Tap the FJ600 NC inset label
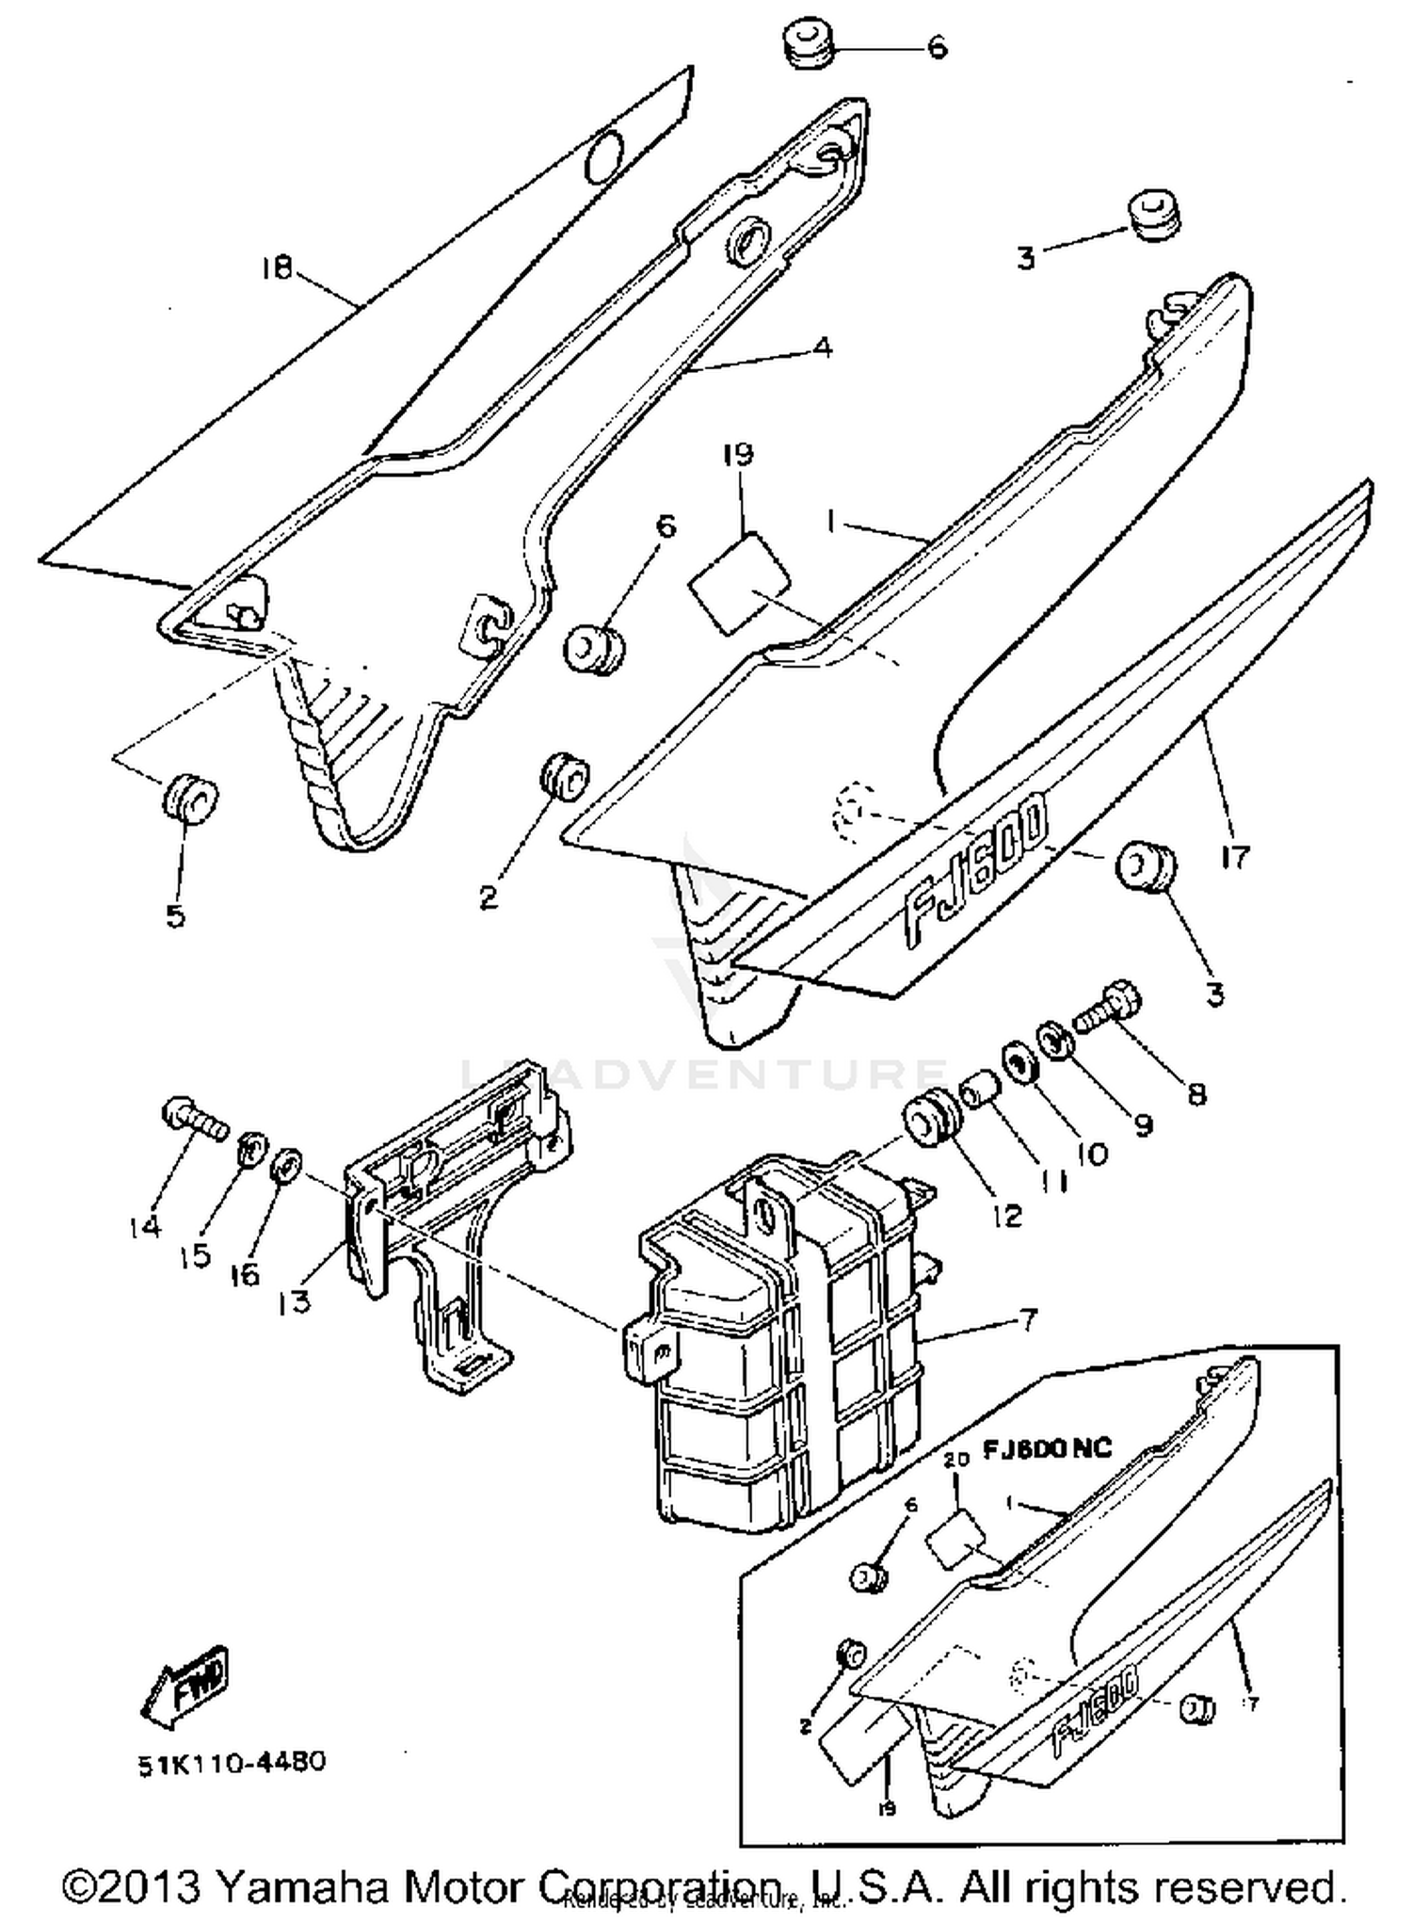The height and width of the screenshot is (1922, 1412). pyautogui.click(x=1047, y=1447)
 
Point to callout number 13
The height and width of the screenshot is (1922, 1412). pyautogui.click(x=295, y=1304)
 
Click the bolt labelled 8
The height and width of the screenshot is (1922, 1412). pyautogui.click(x=1109, y=1009)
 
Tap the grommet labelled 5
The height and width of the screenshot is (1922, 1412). pyautogui.click(x=191, y=799)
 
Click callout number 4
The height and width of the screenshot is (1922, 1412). pyautogui.click(x=822, y=347)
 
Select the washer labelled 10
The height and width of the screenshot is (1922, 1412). pyautogui.click(x=1018, y=1062)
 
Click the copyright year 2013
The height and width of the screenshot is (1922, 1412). pyautogui.click(x=149, y=1886)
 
